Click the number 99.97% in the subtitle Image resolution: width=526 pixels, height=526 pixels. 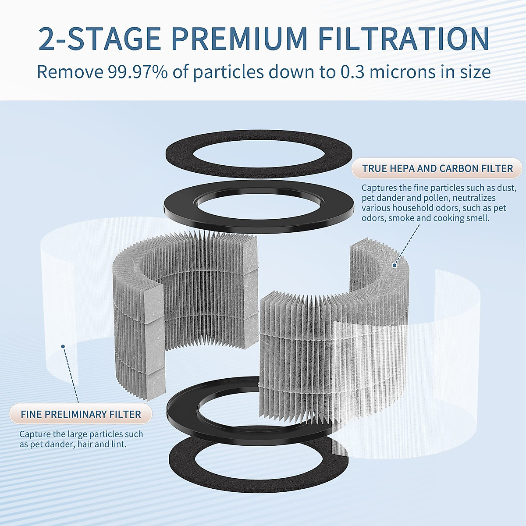[x=138, y=72]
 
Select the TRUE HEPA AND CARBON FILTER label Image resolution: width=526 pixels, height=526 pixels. [x=437, y=168]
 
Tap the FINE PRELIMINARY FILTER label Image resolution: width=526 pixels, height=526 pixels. [x=81, y=414]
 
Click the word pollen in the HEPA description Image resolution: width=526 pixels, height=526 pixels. [x=435, y=198]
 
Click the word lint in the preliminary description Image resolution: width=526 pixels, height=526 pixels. [x=119, y=444]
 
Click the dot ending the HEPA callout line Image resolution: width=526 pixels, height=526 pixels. [x=394, y=265]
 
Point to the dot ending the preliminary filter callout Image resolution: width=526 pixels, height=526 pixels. [x=63, y=346]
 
